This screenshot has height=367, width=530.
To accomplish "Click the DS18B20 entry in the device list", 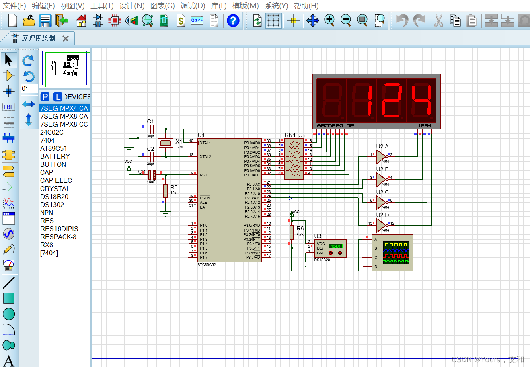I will pos(54,197).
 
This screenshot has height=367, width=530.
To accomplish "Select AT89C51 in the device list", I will pos(53,148).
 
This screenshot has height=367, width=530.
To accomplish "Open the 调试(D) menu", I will pos(193,6).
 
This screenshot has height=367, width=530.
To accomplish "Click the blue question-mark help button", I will pos(233,21).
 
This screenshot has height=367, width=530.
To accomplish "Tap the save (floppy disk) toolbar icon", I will pos(45,21).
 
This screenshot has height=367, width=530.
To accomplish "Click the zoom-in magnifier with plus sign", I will pos(329,20).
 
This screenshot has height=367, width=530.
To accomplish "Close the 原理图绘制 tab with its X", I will pos(66,39).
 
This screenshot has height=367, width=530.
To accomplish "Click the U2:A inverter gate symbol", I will pos(380,156).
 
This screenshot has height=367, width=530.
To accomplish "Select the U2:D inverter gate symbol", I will pos(380,225).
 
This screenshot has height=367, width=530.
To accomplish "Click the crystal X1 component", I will pos(166,143).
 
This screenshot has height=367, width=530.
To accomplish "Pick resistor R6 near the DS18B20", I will pos(292,232).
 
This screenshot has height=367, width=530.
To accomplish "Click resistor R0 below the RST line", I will pos(165,191).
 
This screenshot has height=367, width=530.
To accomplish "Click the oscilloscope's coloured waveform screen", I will pos(396,253).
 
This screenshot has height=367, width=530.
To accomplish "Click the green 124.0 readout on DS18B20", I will pos(335,246).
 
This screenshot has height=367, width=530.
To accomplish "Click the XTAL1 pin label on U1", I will pos(205,143).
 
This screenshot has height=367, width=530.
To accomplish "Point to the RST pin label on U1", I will pos(203,175).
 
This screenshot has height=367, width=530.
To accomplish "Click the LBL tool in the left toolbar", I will pos(8,107).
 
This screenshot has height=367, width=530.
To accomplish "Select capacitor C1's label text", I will pos(150,121).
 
